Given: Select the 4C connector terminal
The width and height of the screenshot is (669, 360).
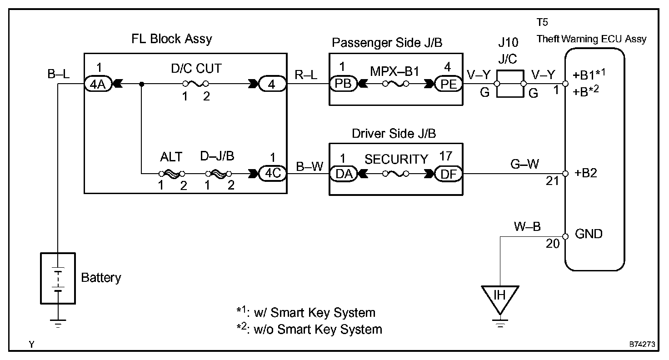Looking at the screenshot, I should click(272, 173).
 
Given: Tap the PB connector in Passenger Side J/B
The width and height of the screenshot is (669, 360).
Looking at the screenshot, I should click(342, 84).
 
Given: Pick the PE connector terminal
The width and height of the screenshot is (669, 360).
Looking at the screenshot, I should click(447, 84).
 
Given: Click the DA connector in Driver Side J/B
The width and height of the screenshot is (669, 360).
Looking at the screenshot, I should click(342, 173).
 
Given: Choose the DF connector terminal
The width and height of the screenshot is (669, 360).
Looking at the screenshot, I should click(447, 173).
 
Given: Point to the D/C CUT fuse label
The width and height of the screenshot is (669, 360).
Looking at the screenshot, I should click(196, 69).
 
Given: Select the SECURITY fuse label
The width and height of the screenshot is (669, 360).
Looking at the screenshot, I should click(396, 159).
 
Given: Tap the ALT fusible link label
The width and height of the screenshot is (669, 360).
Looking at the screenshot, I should click(171, 157).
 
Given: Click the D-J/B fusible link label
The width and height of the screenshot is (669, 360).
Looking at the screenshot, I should click(217, 157).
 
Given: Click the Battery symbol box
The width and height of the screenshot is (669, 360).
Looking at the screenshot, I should click(58, 278).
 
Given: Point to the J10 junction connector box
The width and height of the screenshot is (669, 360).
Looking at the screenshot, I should click(510, 84).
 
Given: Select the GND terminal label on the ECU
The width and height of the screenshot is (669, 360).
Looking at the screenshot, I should click(589, 234).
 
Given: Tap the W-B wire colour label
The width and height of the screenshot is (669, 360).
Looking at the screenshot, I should click(527, 226).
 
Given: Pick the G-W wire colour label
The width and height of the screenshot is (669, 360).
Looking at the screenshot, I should click(525, 164).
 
